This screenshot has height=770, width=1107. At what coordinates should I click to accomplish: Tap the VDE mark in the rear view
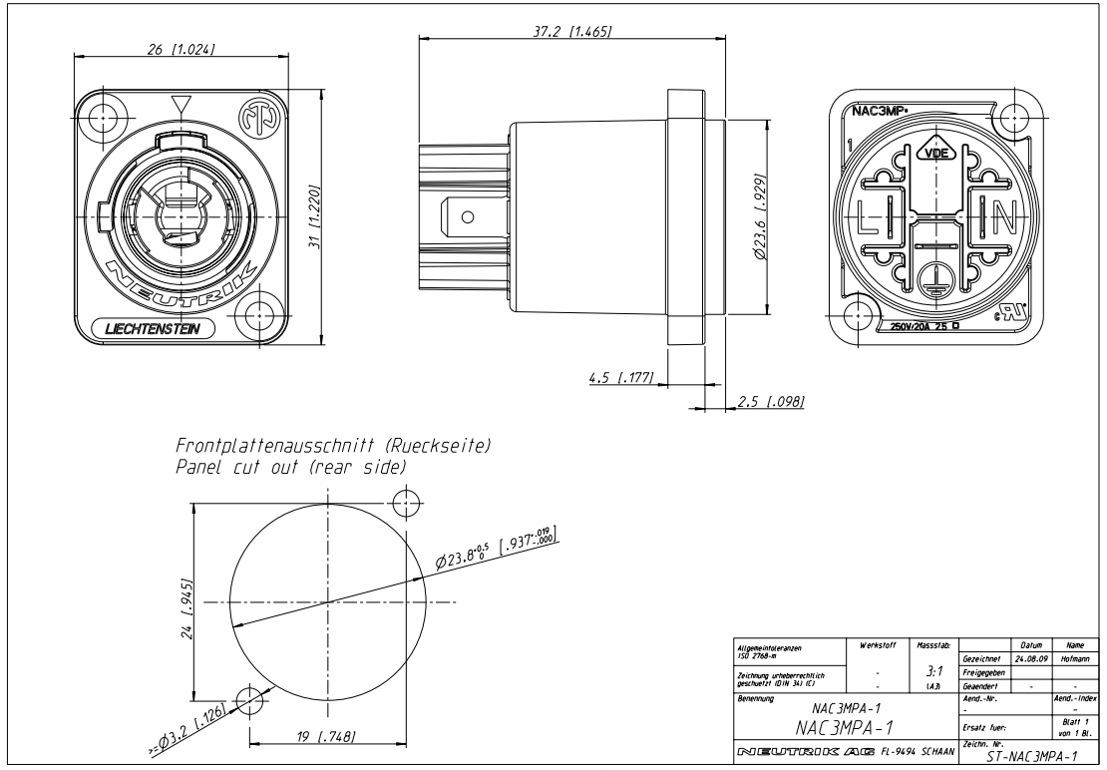point(935,153)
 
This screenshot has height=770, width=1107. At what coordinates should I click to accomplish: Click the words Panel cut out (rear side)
point(290,468)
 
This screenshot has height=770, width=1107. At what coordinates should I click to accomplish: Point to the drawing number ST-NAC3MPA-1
point(1023,757)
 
